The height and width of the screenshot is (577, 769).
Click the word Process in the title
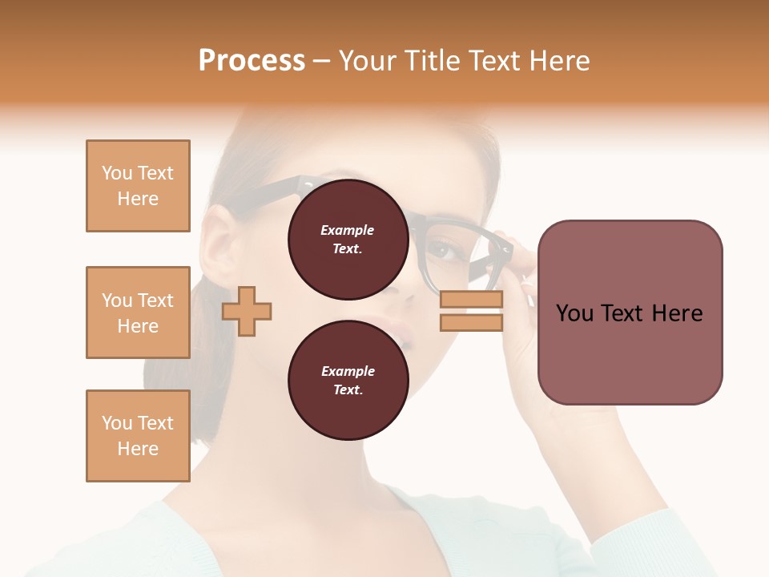point(252,61)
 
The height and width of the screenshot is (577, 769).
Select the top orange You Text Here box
point(138,186)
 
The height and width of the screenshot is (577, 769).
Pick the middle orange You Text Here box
point(138,313)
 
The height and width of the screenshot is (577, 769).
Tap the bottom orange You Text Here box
point(138,435)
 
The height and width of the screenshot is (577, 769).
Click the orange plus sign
point(247,310)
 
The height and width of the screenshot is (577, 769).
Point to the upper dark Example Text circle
point(348,240)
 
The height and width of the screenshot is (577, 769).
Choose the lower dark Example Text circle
point(348,380)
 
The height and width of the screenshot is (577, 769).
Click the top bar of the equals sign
point(471,300)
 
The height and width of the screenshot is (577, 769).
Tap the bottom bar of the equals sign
point(471,322)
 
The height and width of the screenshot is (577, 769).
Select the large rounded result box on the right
point(630,313)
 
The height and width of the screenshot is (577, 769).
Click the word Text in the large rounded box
point(629,313)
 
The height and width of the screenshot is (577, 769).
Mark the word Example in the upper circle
point(348,231)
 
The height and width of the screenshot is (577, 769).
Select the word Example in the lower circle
point(348,371)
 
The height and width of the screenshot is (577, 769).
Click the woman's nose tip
point(409,297)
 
